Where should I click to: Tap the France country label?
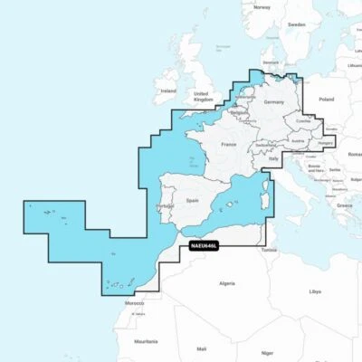[x=228, y=145]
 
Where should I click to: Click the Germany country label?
[x=273, y=102]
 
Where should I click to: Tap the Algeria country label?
[x=227, y=283]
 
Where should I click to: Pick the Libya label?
[x=314, y=291]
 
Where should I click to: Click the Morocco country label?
[x=135, y=302]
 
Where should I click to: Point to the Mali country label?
[x=200, y=348]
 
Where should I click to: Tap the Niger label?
[x=267, y=353]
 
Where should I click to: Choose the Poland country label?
[x=326, y=99]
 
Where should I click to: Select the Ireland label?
[x=167, y=90]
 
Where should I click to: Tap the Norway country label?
[x=262, y=6]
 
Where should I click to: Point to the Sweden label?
[x=296, y=24]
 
